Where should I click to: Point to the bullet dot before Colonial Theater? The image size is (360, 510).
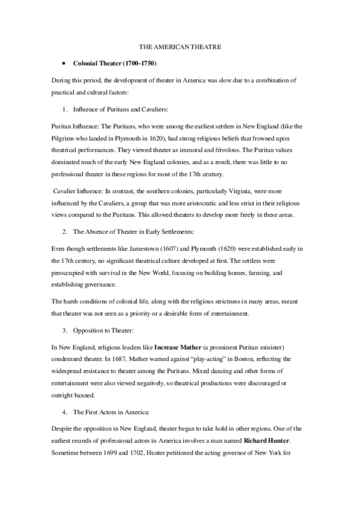[63, 63]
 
